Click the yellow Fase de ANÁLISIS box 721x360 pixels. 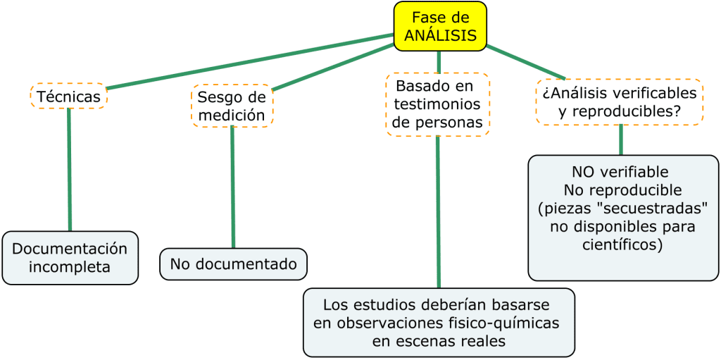coord(440,26)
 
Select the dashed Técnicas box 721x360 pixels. coord(68,96)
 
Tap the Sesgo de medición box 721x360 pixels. coord(232,106)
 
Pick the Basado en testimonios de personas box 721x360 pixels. coord(437,104)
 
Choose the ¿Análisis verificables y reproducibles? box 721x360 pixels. coord(620,102)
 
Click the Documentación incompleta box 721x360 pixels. coord(70,258)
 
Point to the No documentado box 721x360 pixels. coord(234,264)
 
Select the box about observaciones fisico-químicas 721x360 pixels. coord(439,323)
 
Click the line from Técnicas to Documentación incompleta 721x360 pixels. coord(69,169)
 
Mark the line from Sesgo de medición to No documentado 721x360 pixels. coord(232,187)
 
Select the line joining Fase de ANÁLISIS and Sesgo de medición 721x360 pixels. coord(331,68)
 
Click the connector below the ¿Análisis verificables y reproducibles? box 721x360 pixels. coord(620,139)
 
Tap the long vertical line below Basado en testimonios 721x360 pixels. coord(438,211)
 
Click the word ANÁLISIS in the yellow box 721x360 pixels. coord(440,35)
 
